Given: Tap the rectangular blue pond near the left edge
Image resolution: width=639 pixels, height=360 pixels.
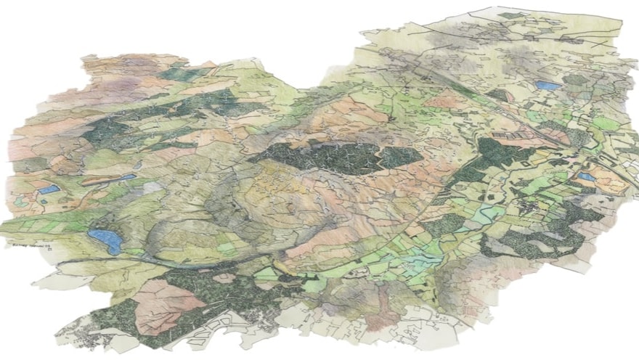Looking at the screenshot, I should click(x=49, y=189).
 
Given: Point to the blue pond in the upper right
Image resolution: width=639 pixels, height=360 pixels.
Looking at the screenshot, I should click(x=549, y=86).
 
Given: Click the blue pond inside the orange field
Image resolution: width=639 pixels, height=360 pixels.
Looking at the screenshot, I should click(x=586, y=176).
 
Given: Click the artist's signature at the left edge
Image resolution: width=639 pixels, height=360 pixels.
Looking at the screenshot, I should click(x=25, y=247).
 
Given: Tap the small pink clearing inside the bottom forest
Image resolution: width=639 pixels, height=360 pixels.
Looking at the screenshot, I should click(x=222, y=278).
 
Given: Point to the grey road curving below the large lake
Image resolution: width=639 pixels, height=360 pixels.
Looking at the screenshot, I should click(x=160, y=261).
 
